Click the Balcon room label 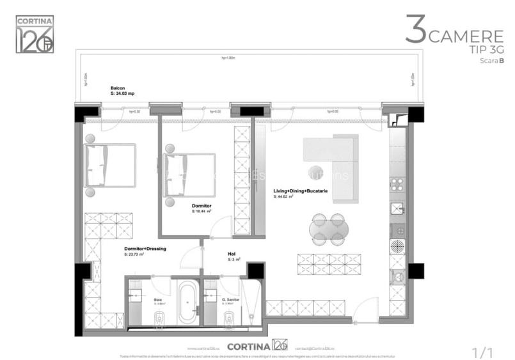click(118, 88)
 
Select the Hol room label click(232, 254)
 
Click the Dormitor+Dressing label click(145, 249)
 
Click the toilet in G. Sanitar click(230, 317)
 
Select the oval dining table click(329, 229)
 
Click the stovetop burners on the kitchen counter click(397, 185)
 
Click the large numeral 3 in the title click(415, 31)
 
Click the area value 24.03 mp click(123, 94)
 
